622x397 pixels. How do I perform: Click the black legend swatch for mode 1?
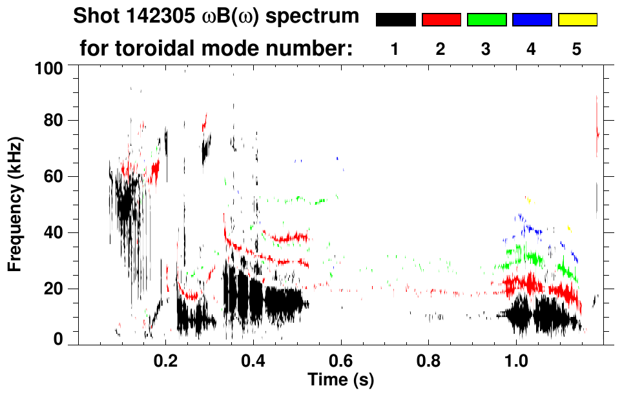pos(395,20)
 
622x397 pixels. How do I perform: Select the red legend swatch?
pos(441,20)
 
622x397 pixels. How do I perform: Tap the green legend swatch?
pos(486,20)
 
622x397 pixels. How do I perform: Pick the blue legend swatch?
pos(532,20)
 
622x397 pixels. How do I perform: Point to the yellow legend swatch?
pos(577,20)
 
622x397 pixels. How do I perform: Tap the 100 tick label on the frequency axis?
pos(49,67)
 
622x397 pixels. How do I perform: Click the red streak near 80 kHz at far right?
pos(597,129)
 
